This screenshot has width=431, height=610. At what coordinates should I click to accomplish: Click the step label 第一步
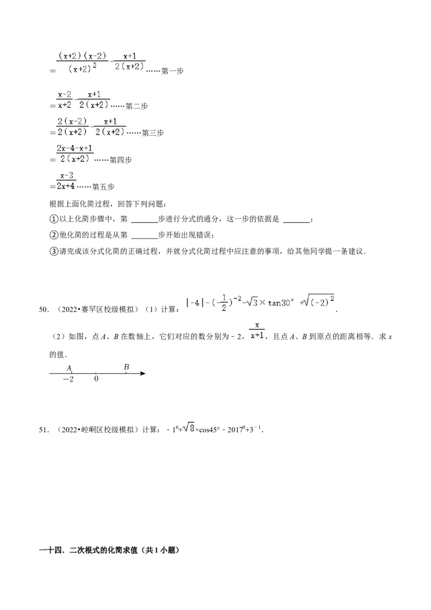point(172,71)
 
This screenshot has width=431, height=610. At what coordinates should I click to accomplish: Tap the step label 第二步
point(136,106)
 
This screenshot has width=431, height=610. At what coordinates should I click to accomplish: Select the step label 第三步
point(152,133)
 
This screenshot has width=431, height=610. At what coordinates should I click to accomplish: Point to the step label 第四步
point(121,160)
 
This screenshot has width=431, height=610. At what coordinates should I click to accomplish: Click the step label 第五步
point(103,187)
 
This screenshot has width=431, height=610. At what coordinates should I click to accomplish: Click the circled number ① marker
point(54,219)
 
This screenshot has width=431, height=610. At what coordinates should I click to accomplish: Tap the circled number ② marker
point(54,235)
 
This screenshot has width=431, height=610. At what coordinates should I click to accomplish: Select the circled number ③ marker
point(54,251)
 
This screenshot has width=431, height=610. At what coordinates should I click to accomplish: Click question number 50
point(44,310)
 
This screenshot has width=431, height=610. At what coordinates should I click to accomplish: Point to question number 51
point(44,430)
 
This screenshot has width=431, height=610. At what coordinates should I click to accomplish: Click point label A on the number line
point(69,368)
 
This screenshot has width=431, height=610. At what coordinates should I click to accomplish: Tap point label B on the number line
point(127,367)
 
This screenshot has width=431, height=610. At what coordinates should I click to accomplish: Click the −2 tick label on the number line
point(68,379)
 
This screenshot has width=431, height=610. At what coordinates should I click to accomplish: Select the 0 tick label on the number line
point(96,378)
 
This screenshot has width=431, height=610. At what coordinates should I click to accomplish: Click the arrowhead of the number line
point(143,373)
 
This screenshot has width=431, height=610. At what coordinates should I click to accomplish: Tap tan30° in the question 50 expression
point(281,303)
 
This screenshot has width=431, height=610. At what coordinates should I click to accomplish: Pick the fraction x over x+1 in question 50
point(257,330)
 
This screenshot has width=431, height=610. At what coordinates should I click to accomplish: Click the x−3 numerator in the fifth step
point(67,176)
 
